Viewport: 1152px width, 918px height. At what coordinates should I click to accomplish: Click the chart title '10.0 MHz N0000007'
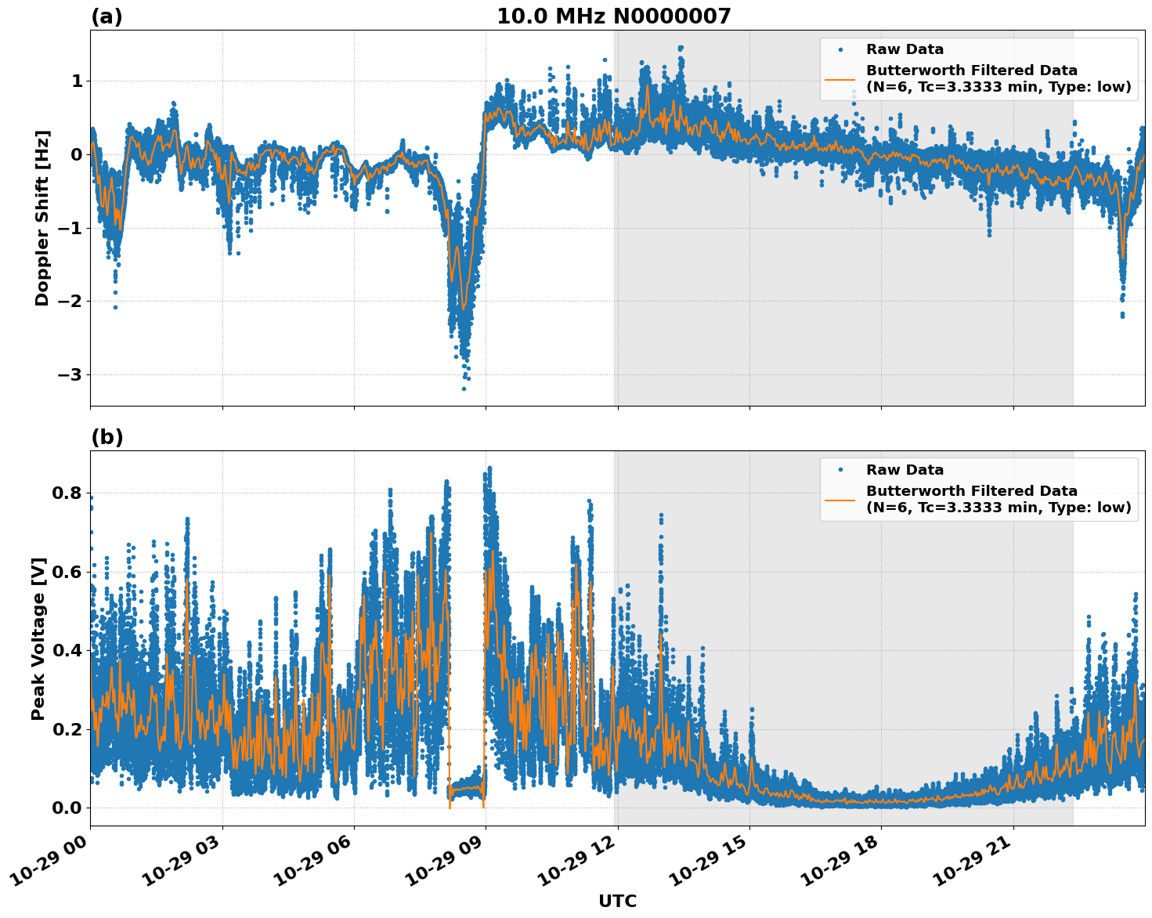point(613,16)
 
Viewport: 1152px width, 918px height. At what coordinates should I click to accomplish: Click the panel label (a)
point(107,16)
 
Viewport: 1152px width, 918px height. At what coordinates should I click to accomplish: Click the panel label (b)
point(107,437)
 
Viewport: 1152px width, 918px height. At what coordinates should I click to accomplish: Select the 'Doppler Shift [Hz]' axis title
point(42,218)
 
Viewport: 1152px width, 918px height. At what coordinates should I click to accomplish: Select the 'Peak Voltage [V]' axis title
point(38,638)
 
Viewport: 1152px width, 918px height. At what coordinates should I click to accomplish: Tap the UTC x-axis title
point(617,902)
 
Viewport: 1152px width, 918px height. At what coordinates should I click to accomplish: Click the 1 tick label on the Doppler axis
point(77,81)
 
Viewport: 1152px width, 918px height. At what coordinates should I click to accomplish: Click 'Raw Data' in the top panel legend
point(905,50)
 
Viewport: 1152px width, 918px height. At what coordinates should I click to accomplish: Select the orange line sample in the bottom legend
point(840,500)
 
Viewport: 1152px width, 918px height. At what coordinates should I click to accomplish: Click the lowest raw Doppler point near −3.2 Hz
point(464,389)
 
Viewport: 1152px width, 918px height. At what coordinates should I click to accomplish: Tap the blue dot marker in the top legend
point(840,50)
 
